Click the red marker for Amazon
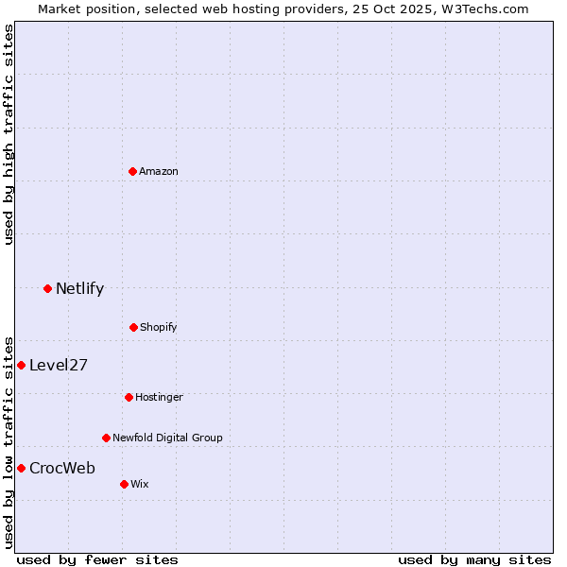[132, 171]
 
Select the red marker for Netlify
[47, 288]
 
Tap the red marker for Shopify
[133, 327]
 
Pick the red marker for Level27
[21, 365]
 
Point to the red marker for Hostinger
[129, 397]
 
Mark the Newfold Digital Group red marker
[106, 438]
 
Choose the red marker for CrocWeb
[21, 468]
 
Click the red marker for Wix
[124, 484]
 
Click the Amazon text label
[159, 171]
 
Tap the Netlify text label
[79, 288]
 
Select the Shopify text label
[159, 327]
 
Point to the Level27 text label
[59, 365]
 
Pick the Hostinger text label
[159, 397]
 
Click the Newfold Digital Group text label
[167, 438]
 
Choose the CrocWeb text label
[62, 468]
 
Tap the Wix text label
[140, 484]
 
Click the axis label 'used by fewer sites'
[97, 559]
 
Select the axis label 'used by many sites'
[474, 559]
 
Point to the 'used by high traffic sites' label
[9, 134]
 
